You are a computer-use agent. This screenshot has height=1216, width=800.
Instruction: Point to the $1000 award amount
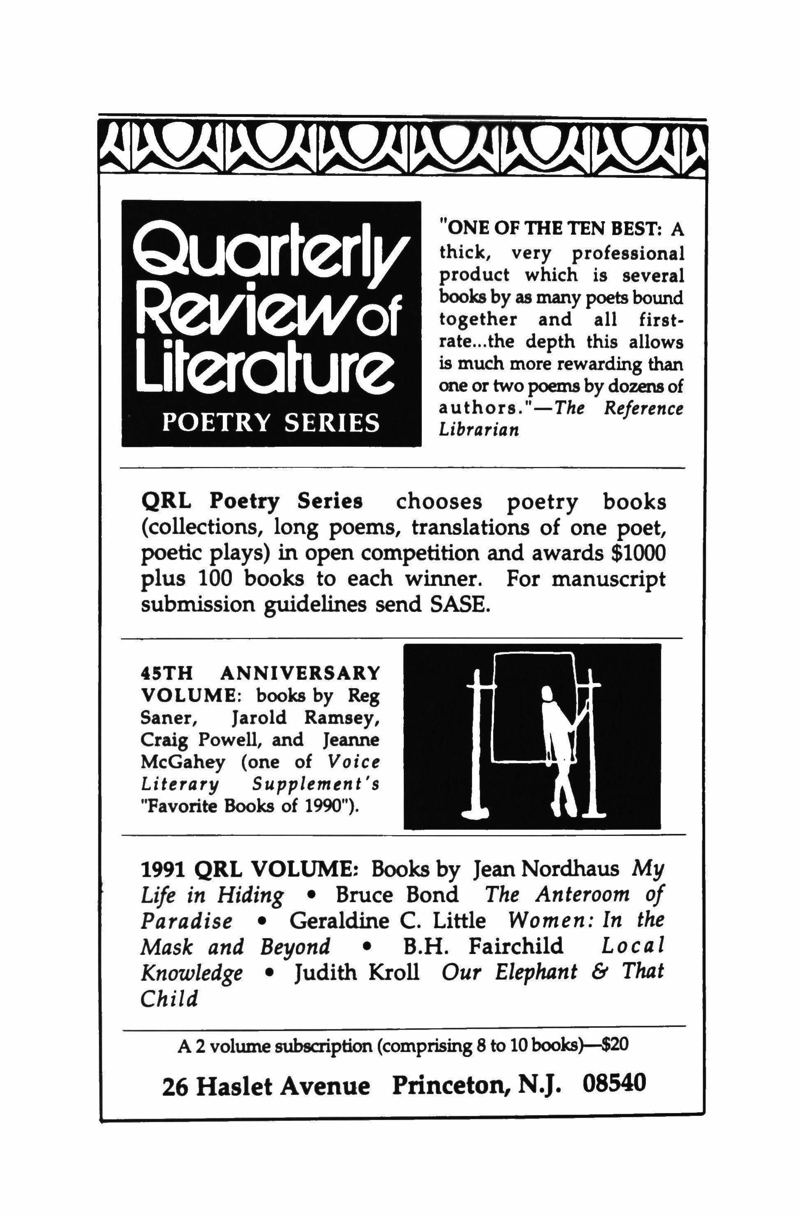tap(639, 554)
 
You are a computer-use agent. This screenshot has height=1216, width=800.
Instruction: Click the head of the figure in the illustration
tap(547, 695)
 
